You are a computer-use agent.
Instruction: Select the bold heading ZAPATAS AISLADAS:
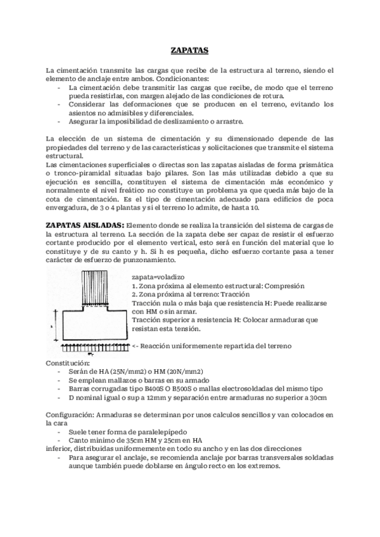[85, 225]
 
